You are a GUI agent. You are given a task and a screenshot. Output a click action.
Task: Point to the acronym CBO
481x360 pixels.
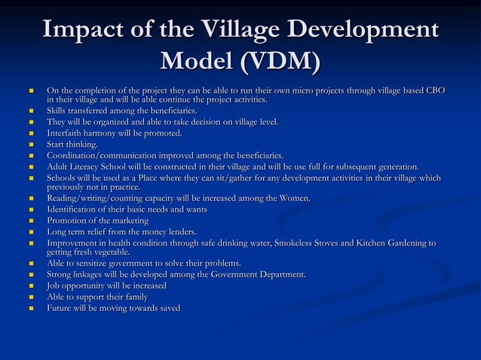(x=434, y=90)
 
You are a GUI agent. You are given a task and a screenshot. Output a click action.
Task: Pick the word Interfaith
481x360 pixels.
(x=67, y=133)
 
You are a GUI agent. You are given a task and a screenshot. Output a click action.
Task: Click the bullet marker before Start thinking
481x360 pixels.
(x=31, y=145)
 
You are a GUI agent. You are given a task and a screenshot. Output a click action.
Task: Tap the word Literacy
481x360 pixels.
(x=90, y=166)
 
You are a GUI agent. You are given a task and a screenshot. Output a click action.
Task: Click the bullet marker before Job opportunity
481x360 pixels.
(x=31, y=286)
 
